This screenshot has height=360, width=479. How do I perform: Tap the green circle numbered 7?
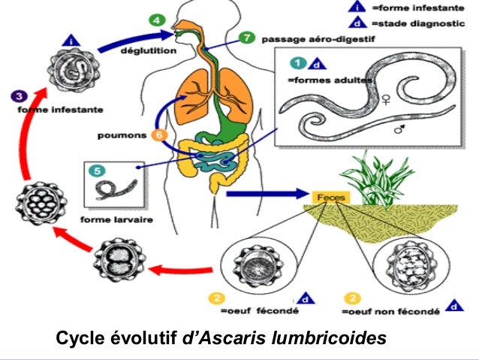pyautogui.click(x=248, y=38)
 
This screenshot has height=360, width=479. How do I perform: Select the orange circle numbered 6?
pyautogui.click(x=158, y=135)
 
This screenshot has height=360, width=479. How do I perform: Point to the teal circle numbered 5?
pyautogui.click(x=97, y=170)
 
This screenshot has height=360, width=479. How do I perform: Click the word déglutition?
pyautogui.click(x=151, y=51)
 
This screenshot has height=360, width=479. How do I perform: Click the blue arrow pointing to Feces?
pyautogui.click(x=263, y=194)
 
